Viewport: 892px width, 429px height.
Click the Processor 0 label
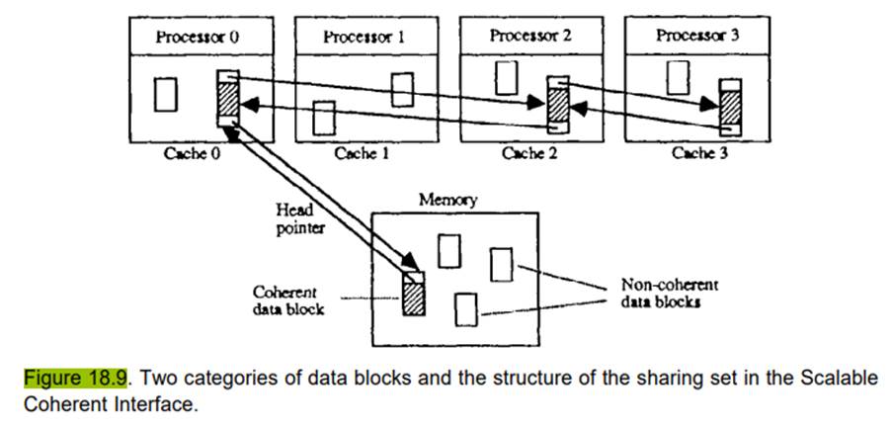coord(198,37)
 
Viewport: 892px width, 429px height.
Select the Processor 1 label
coord(364,37)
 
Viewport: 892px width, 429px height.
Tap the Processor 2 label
coord(530,37)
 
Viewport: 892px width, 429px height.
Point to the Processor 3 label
coord(696,37)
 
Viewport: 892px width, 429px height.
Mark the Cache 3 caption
coord(699,154)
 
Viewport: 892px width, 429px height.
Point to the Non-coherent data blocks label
coord(670,293)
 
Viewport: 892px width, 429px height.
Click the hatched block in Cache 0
coord(229,99)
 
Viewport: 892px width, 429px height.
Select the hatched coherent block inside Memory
coord(412,294)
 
